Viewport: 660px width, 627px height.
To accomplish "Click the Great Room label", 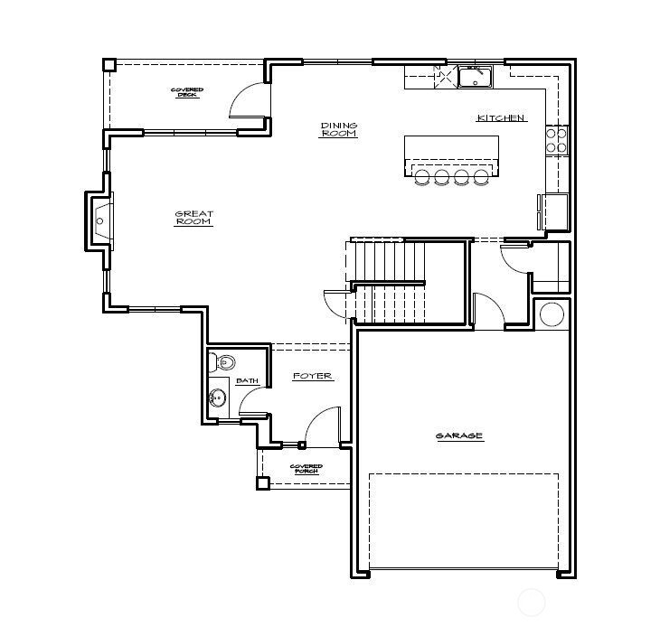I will tap(193, 218).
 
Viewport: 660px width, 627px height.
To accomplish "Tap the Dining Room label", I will tap(339, 129).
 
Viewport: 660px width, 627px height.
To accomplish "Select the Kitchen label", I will tap(501, 118).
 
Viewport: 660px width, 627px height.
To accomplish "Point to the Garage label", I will tap(459, 436).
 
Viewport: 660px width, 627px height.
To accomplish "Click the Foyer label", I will tap(313, 376).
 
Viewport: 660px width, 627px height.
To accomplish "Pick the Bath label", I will tap(248, 381).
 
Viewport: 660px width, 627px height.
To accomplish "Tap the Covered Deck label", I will tap(187, 92).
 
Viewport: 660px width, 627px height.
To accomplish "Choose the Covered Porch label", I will tap(306, 468).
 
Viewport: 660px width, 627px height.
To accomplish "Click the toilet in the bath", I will tap(224, 363).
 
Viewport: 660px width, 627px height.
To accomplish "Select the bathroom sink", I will tap(217, 398).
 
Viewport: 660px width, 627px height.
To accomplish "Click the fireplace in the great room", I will tap(99, 218).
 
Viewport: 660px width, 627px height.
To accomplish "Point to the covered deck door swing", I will tap(248, 102).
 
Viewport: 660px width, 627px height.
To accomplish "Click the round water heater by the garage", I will tap(551, 315).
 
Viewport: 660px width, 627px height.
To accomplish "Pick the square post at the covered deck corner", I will tap(108, 65).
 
